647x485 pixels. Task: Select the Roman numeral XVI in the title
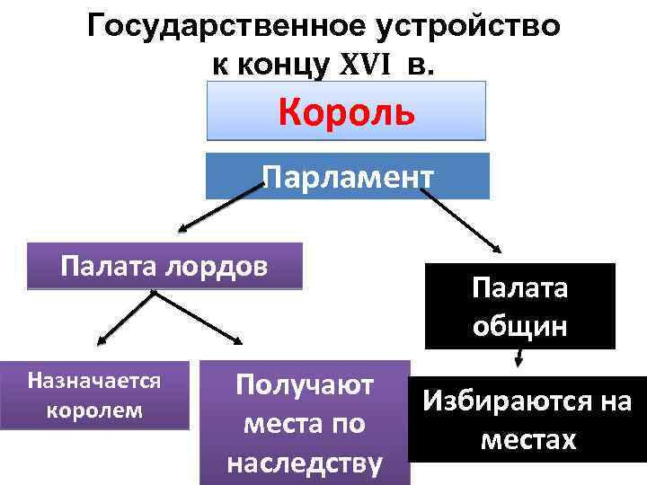click(x=366, y=64)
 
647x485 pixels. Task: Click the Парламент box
click(x=348, y=175)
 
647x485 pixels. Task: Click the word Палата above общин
click(x=519, y=290)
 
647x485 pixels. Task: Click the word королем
click(x=94, y=409)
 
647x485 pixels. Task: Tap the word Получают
click(x=305, y=385)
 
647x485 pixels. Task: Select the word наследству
click(x=305, y=463)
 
